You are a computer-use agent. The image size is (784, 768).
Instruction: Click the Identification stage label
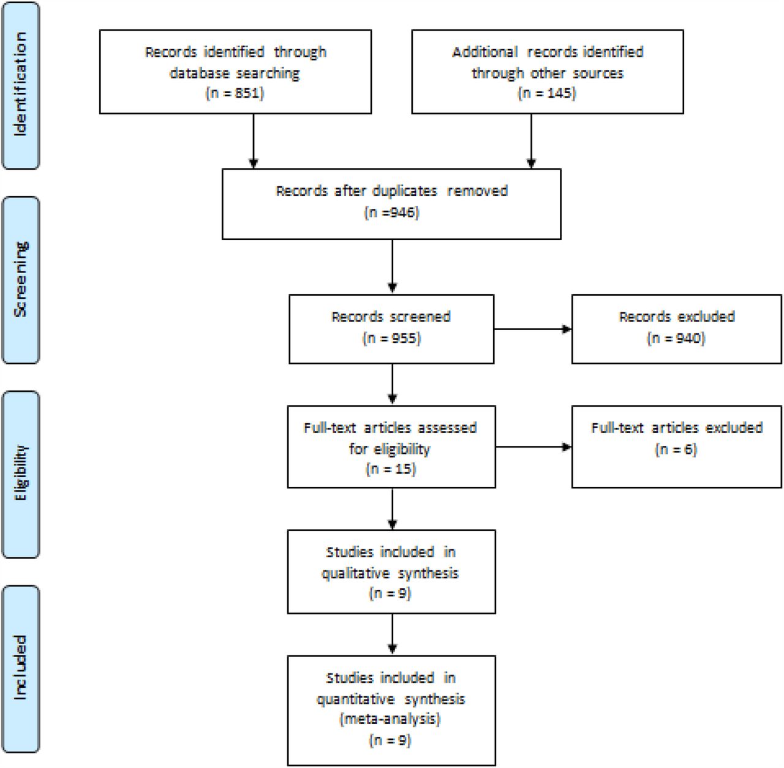tap(20, 85)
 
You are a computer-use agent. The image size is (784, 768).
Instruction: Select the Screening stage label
tap(20, 279)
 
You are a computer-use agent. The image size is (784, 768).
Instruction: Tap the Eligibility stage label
tap(20, 473)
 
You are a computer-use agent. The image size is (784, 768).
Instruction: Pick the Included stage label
tap(20, 668)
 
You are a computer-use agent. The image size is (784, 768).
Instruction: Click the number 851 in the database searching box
tap(247, 94)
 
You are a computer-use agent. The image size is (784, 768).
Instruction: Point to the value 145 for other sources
tap(559, 94)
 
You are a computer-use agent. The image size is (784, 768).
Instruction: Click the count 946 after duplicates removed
tap(402, 213)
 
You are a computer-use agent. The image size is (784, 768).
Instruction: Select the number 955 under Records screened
tap(404, 338)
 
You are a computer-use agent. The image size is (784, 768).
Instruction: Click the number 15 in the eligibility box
tap(403, 469)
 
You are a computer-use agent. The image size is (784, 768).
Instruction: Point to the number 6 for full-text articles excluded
tap(688, 450)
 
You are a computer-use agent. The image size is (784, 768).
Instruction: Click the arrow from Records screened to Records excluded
tap(533, 329)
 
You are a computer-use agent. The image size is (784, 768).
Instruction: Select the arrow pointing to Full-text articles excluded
tap(533, 447)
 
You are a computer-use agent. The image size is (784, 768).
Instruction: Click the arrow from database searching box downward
tap(254, 141)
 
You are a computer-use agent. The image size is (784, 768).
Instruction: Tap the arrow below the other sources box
tap(532, 141)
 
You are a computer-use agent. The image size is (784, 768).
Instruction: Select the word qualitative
tap(356, 574)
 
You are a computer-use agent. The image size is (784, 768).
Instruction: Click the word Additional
tap(485, 52)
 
